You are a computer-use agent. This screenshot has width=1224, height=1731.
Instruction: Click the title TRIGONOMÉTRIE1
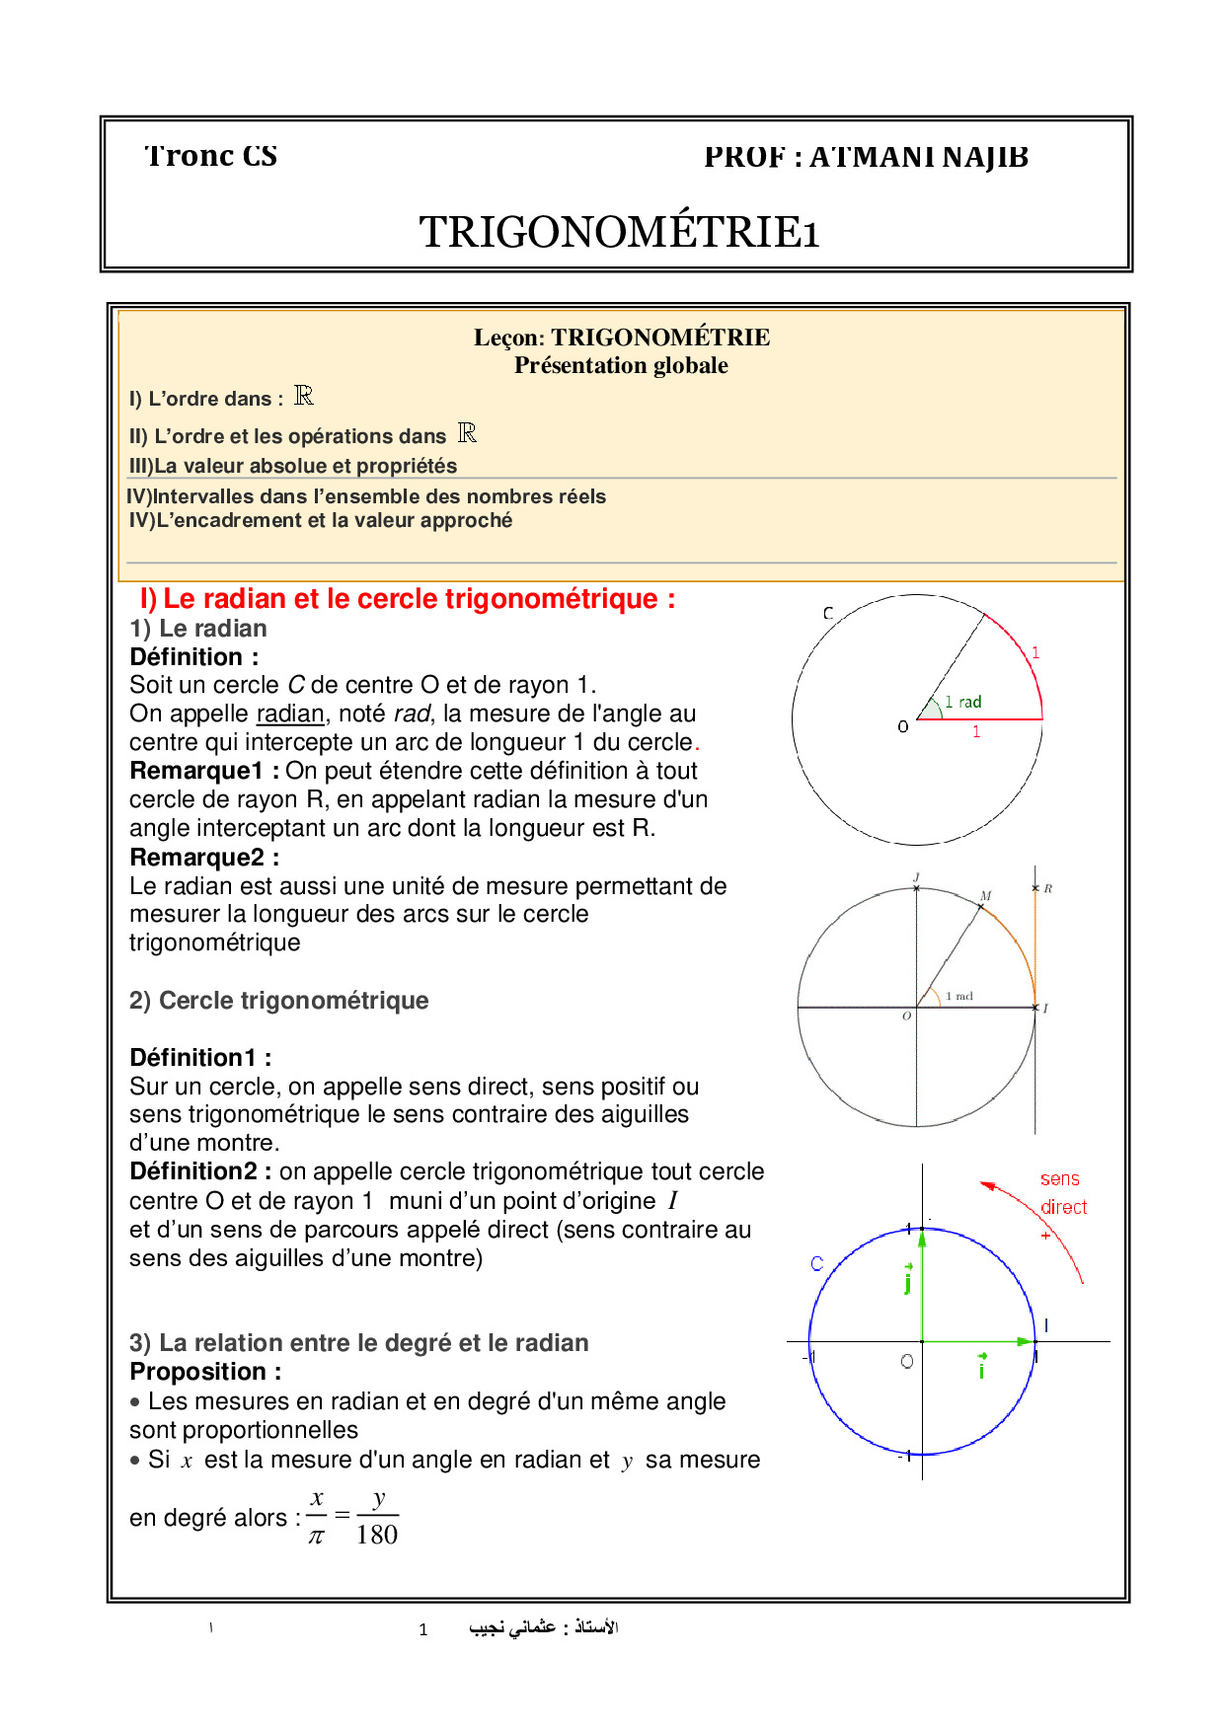point(619,233)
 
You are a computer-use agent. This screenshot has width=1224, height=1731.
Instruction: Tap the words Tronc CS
point(210,156)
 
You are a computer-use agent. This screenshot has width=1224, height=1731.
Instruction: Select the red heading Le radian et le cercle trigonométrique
point(408,599)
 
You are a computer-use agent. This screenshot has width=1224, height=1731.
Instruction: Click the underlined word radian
point(289,714)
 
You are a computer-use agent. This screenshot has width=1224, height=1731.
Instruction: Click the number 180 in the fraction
point(377,1535)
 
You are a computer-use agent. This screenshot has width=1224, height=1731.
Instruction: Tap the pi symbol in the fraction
point(316,1537)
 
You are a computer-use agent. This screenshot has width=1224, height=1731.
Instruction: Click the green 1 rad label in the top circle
point(962,702)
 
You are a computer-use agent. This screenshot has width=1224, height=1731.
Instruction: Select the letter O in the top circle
point(902,726)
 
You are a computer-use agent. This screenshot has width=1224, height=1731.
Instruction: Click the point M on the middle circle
point(985,896)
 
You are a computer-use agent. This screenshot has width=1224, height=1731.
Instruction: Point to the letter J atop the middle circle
point(916,877)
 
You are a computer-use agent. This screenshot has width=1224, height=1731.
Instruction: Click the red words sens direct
point(1062,1192)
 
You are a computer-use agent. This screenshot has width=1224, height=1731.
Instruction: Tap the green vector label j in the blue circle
point(907,1280)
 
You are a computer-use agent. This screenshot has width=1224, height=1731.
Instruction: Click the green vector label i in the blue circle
point(981,1368)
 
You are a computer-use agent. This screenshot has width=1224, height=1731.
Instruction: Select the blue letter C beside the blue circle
point(816,1263)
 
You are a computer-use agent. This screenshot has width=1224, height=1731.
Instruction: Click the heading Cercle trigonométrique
point(293,1001)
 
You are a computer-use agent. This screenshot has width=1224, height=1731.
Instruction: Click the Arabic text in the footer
point(543,1627)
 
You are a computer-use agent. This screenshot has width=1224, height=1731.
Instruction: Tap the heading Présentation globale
point(621,365)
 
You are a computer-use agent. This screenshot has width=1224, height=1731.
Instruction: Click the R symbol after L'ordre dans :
point(304,396)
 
